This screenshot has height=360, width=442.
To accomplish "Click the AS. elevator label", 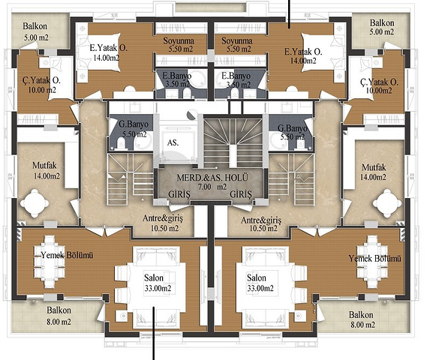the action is (173, 142).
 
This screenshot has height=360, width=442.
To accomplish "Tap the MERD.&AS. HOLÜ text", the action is (212, 178).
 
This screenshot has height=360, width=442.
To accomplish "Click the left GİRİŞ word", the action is (179, 195).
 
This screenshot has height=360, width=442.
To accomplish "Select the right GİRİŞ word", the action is (241, 194).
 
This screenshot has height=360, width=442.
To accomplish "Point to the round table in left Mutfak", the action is (35, 203).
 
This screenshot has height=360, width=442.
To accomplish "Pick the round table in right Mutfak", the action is (387, 203).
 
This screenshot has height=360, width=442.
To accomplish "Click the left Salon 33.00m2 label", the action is (158, 283).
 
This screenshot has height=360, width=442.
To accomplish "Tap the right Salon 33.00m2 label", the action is (260, 283).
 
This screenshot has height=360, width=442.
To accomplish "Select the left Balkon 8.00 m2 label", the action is (59, 316).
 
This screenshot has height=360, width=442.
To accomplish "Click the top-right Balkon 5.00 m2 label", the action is (382, 27).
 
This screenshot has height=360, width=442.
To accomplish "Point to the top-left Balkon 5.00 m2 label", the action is (35, 31).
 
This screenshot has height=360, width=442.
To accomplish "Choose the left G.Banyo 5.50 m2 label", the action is (134, 129).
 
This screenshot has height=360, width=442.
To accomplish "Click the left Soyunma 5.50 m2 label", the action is (179, 44).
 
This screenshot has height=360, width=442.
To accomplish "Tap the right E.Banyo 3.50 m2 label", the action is (236, 80).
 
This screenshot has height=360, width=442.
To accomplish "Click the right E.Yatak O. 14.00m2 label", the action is (303, 55).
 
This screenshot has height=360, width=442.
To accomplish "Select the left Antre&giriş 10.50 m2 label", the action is (163, 223).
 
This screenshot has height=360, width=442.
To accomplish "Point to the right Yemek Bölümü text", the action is (374, 258).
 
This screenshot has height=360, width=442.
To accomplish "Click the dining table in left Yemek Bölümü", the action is (50, 262).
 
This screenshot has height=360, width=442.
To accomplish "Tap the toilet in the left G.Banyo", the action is (121, 142).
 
